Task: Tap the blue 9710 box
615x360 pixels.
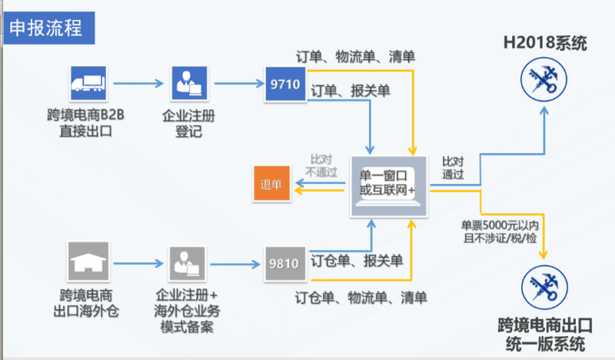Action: tap(284, 85)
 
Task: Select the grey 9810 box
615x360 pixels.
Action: tap(284, 262)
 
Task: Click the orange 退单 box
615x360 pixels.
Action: tap(271, 185)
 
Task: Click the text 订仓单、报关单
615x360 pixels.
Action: tap(356, 260)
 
